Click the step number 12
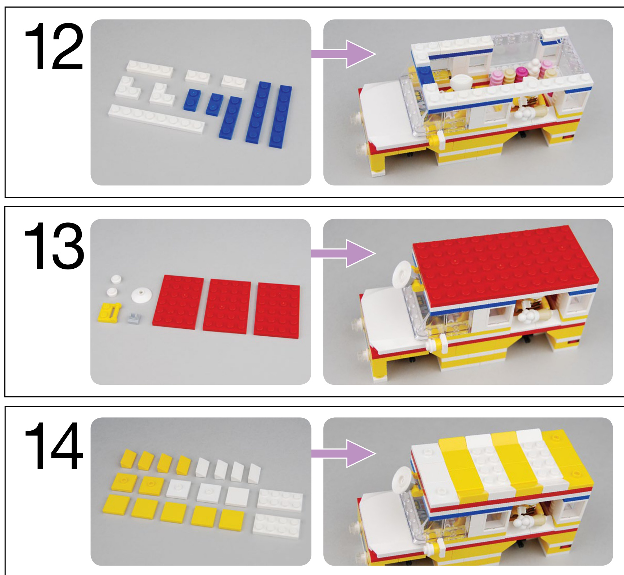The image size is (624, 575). click(x=54, y=46)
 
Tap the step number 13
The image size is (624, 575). click(x=54, y=246)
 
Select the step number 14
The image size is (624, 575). click(x=54, y=446)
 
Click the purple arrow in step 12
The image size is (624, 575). click(x=344, y=54)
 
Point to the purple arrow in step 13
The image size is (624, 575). click(x=344, y=254)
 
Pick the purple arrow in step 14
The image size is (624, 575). click(x=344, y=453)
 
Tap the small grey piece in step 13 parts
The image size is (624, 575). click(x=134, y=319)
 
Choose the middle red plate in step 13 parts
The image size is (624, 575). click(x=227, y=306)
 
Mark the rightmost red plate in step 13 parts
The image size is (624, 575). click(x=277, y=311)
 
